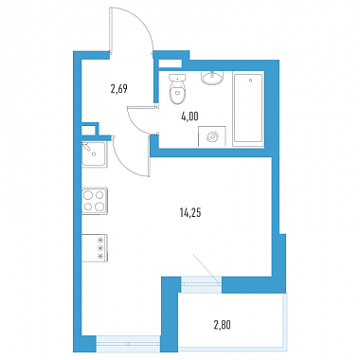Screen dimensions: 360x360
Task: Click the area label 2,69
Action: pyautogui.click(x=118, y=89)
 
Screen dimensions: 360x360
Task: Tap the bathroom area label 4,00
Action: pyautogui.click(x=189, y=117)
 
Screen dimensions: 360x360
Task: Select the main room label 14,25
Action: pyautogui.click(x=190, y=213)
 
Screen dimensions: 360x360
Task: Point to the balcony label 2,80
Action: pyautogui.click(x=223, y=324)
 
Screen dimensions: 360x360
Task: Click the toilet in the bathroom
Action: pyautogui.click(x=177, y=89)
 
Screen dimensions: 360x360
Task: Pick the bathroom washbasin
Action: pyautogui.click(x=212, y=78)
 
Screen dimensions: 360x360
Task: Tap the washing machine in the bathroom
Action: pyautogui.click(x=212, y=136)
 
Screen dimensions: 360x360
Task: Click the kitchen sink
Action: pyautogui.click(x=94, y=154)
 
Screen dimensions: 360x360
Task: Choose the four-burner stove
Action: pyautogui.click(x=95, y=201)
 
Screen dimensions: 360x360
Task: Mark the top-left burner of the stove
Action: pyautogui.click(x=88, y=195)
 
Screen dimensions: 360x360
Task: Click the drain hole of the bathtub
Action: pyautogui.click(x=250, y=81)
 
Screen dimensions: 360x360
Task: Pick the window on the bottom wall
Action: pyautogui.click(x=128, y=344)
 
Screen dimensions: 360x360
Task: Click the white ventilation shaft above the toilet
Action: pyautogui.click(x=171, y=63)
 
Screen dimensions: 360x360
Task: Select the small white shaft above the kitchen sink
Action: pyautogui.click(x=88, y=130)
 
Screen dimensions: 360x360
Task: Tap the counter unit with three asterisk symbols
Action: pyautogui.click(x=95, y=248)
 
